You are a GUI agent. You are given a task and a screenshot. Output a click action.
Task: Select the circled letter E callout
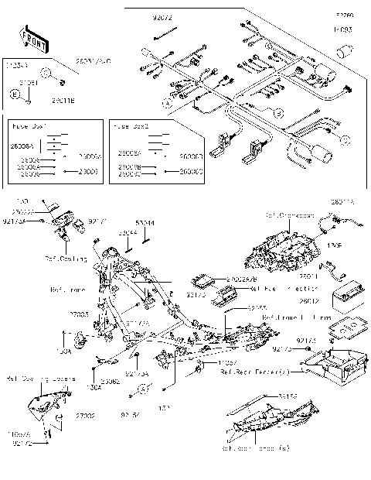[x=15, y=93]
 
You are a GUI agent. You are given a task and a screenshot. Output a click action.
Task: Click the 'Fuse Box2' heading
[x=130, y=125]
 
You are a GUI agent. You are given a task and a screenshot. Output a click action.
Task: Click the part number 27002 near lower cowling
[x=84, y=416]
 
